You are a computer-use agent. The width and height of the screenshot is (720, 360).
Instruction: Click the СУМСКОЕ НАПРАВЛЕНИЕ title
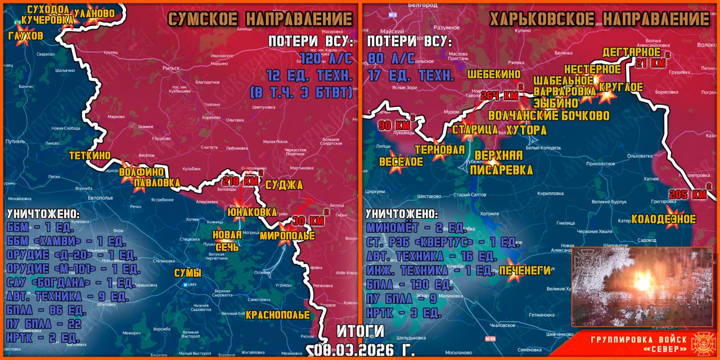(260, 19)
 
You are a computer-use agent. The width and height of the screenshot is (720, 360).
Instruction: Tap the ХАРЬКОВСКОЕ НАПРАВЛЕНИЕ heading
(599, 19)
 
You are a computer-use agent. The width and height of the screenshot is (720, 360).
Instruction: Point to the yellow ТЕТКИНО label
(89, 156)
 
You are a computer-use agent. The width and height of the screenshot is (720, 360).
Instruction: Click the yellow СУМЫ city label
(188, 273)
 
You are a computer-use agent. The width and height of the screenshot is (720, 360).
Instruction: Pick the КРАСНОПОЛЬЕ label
(277, 315)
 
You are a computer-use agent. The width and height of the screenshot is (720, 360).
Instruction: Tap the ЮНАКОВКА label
(251, 212)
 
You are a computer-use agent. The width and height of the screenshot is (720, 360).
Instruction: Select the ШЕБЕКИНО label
(493, 74)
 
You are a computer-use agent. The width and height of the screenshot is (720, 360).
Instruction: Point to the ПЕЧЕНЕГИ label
(525, 271)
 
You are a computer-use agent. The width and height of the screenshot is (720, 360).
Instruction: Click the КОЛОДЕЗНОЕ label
(664, 219)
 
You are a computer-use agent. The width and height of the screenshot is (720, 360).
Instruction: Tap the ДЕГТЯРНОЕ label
(631, 52)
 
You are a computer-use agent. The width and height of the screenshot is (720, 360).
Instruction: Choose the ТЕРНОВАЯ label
(440, 150)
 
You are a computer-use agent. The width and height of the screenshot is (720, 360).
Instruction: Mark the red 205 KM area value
(687, 195)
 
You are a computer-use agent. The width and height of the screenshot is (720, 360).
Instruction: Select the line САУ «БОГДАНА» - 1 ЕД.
(70, 282)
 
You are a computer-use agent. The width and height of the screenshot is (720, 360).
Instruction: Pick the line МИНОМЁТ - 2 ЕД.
(415, 228)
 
